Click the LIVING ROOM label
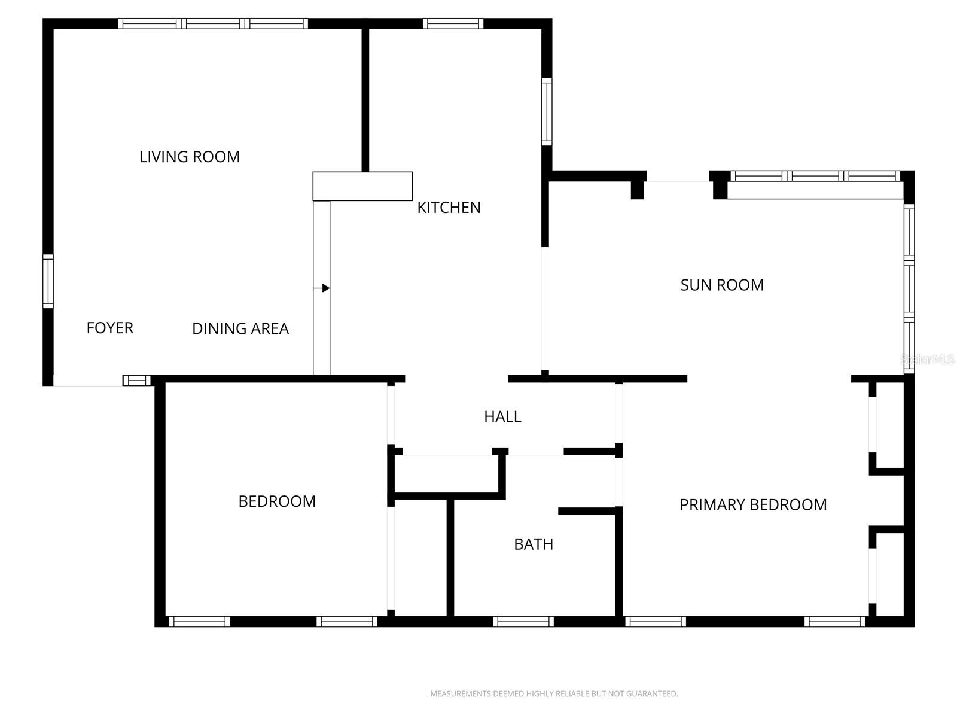coord(190,157)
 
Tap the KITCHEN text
coord(449,208)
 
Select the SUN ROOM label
coord(722,285)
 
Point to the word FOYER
coord(110,328)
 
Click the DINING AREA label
coord(240,328)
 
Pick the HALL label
coord(502,416)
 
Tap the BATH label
coord(534,544)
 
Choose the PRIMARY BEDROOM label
coord(753,504)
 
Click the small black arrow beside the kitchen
coord(325,288)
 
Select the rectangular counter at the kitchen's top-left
coord(362,186)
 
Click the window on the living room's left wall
coord(48,281)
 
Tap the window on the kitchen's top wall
coord(453,24)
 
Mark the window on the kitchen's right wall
coord(547,111)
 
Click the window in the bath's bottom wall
coord(523,622)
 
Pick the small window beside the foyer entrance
coord(137,381)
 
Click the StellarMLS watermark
coord(928,360)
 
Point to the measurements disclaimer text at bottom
coord(554,694)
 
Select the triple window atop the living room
coord(213,24)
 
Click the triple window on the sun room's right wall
coord(909,288)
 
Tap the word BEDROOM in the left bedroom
coord(277,501)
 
